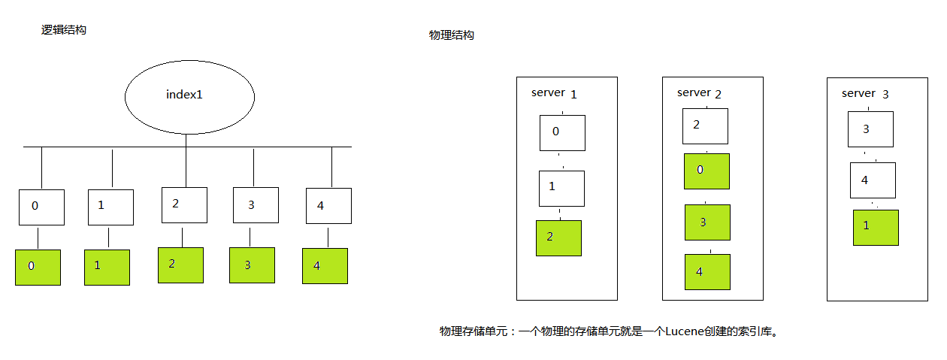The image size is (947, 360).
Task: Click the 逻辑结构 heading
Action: tap(64, 30)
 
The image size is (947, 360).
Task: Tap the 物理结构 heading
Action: tap(451, 35)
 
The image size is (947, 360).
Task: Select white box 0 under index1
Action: tap(41, 207)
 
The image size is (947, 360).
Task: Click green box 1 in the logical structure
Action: tap(107, 267)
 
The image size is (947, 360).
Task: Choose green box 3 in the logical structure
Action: tap(252, 265)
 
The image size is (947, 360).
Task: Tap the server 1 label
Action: tap(554, 93)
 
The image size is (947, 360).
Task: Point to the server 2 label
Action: tap(699, 92)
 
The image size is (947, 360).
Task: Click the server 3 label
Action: tap(865, 94)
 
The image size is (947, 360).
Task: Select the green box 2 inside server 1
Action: tap(558, 237)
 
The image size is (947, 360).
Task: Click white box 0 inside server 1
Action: tap(562, 132)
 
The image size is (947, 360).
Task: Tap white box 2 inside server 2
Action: tap(705, 126)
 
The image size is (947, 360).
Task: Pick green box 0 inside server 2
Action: tap(706, 171)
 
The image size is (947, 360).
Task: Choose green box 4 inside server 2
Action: tap(706, 271)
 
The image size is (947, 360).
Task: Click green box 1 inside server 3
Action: tap(876, 227)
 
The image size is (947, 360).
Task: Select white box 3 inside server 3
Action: tap(870, 129)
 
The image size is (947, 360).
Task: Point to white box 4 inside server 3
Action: tap(873, 181)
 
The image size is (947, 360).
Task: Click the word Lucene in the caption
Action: tap(685, 331)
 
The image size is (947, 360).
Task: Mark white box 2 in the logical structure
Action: tap(184, 204)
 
